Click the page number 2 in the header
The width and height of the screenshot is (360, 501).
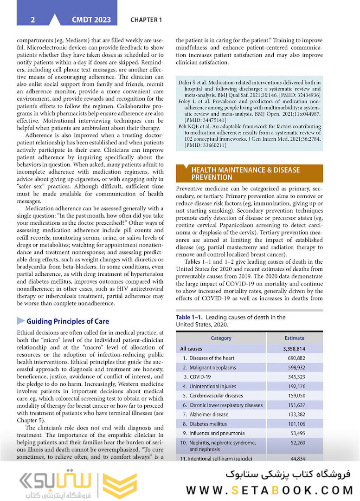(x=32, y=20)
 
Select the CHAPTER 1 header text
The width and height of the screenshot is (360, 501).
(x=146, y=20)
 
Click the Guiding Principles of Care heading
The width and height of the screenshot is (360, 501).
(x=68, y=321)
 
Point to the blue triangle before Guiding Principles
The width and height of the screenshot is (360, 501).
(x=20, y=321)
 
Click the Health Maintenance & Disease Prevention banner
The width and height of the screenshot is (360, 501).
(x=249, y=173)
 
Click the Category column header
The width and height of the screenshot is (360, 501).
(x=221, y=338)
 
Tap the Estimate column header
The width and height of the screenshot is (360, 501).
(x=294, y=338)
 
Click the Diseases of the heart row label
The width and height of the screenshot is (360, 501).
(x=212, y=358)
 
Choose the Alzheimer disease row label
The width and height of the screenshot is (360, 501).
(x=209, y=415)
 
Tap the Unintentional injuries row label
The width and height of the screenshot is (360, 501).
(x=212, y=386)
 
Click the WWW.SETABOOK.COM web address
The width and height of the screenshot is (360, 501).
(x=270, y=490)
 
